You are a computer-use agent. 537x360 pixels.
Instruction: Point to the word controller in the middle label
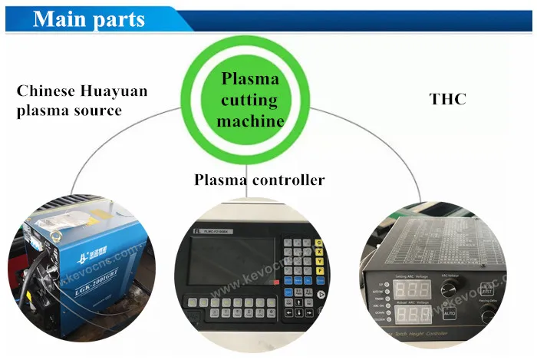(x=286, y=180)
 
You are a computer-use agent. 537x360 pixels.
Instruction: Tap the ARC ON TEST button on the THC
(x=486, y=290)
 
